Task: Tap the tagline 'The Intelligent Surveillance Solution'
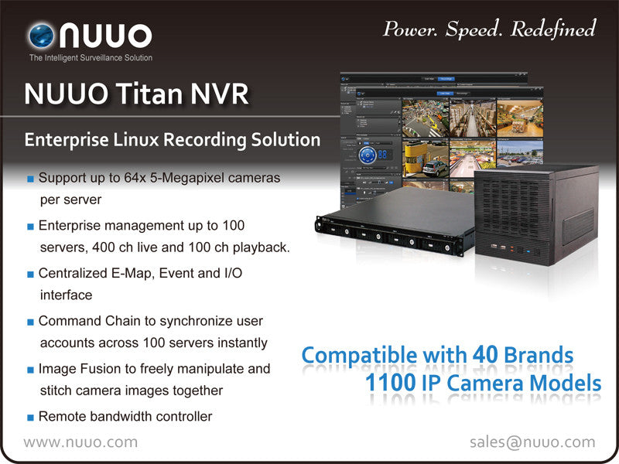tap(91, 58)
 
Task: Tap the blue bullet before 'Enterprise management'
tap(30, 227)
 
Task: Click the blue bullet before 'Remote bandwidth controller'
tap(30, 418)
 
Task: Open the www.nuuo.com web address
tap(80, 442)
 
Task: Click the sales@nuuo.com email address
tap(532, 442)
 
